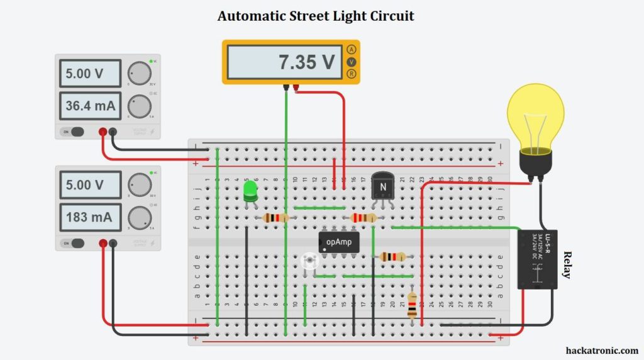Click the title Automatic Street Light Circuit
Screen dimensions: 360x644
316,16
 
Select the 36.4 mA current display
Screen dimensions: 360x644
91,106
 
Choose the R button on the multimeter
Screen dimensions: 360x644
352,74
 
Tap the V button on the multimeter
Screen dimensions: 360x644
352,62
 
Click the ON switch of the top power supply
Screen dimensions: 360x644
73,132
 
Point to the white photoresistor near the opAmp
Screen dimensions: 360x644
309,262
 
